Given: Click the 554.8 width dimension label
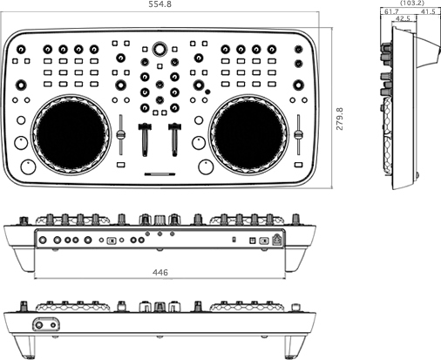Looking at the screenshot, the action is tap(160, 4).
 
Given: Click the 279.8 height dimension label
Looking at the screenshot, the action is tap(340, 119).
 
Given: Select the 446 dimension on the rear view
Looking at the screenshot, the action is tap(160, 272).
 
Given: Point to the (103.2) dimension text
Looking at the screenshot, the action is tap(412, 3).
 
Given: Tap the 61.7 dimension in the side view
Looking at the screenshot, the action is tap(391, 11).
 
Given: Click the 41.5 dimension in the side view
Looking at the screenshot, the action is tap(428, 11).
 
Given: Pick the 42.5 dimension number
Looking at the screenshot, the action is tap(403, 18).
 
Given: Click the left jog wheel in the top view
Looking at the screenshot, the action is tap(71, 135).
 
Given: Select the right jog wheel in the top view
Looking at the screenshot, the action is tap(248, 135).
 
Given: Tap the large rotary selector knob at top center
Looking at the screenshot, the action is tap(159, 49).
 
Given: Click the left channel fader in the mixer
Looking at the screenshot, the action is tap(145, 139).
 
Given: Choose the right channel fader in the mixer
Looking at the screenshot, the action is tap(174, 139).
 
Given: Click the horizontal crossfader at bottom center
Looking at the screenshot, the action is tap(160, 174).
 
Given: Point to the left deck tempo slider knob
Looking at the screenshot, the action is tap(121, 135).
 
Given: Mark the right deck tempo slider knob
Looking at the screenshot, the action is tap(298, 135).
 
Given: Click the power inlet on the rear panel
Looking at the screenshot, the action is tap(277, 240).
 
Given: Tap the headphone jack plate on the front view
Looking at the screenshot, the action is tap(46, 324).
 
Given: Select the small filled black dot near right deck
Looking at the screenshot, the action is tap(207, 92).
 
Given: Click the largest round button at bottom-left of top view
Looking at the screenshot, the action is tap(28, 166).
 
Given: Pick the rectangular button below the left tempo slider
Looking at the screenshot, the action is tap(121, 165).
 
